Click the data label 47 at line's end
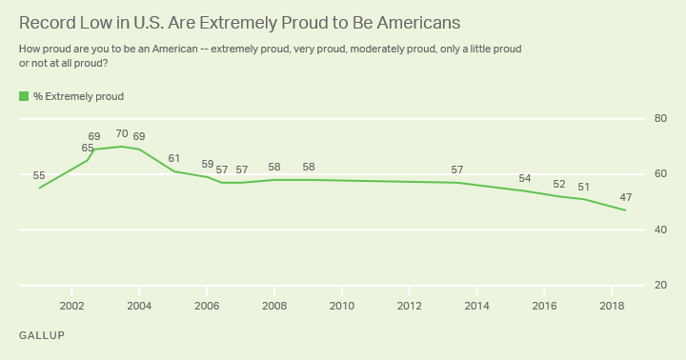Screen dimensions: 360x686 [625, 197]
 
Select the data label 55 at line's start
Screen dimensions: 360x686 [39, 175]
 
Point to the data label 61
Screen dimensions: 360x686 [174, 158]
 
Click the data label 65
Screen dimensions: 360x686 [88, 148]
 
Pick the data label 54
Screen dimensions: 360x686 [525, 178]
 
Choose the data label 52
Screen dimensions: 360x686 [559, 184]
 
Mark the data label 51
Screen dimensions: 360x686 [584, 187]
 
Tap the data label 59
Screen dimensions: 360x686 [208, 164]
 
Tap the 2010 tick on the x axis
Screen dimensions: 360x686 [342, 306]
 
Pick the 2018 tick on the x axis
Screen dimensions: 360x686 [612, 306]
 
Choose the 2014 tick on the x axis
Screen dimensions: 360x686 [476, 306]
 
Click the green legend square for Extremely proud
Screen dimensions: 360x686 [24, 96]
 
